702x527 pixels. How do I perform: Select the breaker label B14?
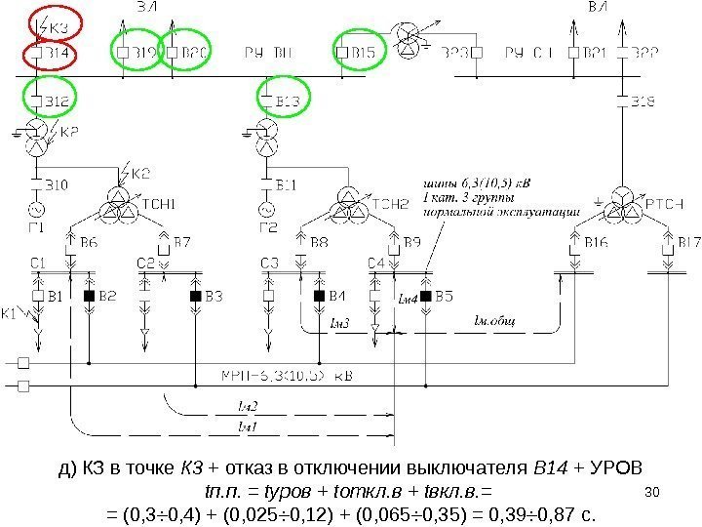53,53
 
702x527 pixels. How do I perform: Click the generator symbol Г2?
264,210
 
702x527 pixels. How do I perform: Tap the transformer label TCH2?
390,204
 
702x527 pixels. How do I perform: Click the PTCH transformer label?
665,203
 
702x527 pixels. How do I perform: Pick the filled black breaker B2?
90,295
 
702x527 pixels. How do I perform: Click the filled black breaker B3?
194,295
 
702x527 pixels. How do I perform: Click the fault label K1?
12,313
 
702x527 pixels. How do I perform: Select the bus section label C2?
145,263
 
